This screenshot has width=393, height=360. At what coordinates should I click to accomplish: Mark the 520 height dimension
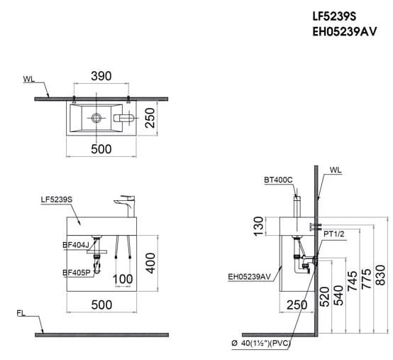click(x=323, y=298)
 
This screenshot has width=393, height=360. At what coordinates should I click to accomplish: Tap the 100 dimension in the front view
click(x=123, y=278)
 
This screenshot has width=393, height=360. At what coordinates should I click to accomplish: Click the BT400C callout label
click(x=277, y=180)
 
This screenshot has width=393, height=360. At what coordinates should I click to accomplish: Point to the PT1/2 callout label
click(x=334, y=233)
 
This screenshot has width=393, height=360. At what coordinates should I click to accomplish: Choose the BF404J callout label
click(x=76, y=245)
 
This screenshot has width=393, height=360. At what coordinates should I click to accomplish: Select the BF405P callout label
click(x=76, y=272)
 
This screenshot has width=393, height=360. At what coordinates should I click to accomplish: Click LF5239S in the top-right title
click(x=338, y=15)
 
